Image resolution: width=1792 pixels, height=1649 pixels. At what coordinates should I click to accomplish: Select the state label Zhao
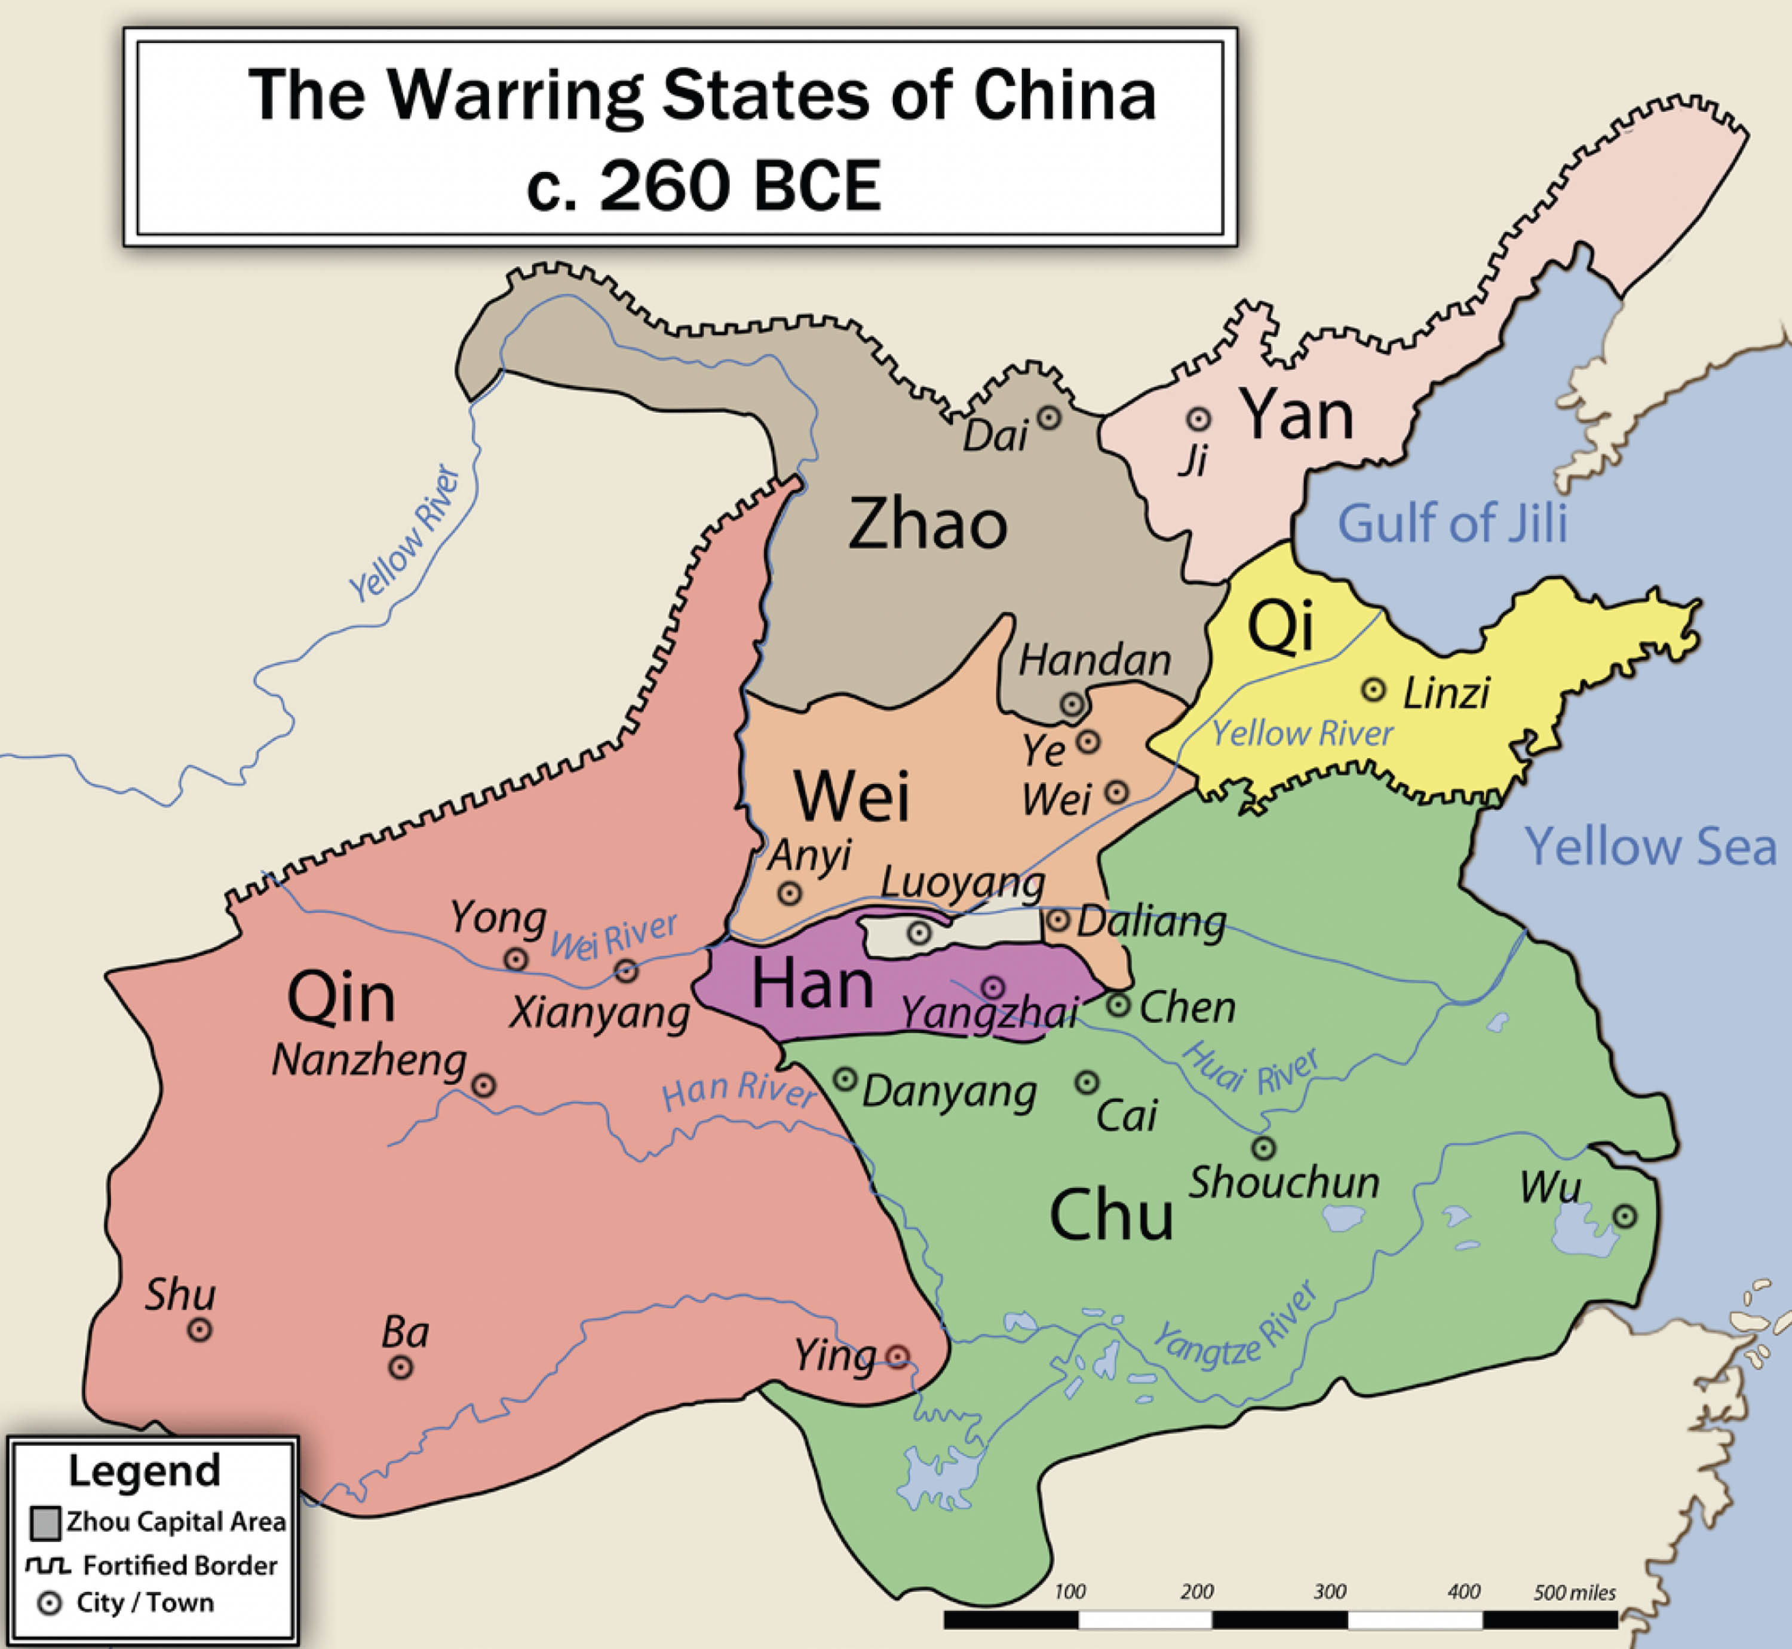pyautogui.click(x=928, y=525)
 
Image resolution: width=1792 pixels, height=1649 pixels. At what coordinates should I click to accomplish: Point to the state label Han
pyautogui.click(x=812, y=984)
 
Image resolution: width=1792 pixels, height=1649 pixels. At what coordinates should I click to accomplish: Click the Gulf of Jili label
pyautogui.click(x=1452, y=523)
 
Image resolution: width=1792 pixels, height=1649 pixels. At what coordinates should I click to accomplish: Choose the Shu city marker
pyautogui.click(x=200, y=1330)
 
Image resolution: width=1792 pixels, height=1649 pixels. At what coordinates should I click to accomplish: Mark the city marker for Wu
pyautogui.click(x=1625, y=1216)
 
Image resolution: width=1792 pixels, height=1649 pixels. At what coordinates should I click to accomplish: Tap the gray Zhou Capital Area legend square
pyautogui.click(x=45, y=1522)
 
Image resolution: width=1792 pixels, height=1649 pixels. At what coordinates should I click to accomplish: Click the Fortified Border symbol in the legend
pyautogui.click(x=48, y=1566)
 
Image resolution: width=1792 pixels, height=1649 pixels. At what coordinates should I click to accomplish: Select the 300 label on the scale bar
pyautogui.click(x=1329, y=1592)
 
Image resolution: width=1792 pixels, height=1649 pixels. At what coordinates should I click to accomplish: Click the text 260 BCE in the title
pyautogui.click(x=740, y=186)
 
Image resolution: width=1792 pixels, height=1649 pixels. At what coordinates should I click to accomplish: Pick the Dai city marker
pyautogui.click(x=1049, y=417)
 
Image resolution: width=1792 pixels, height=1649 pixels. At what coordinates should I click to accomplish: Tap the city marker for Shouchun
pyautogui.click(x=1263, y=1148)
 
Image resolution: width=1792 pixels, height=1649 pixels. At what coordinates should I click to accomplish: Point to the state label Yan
pyautogui.click(x=1298, y=415)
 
